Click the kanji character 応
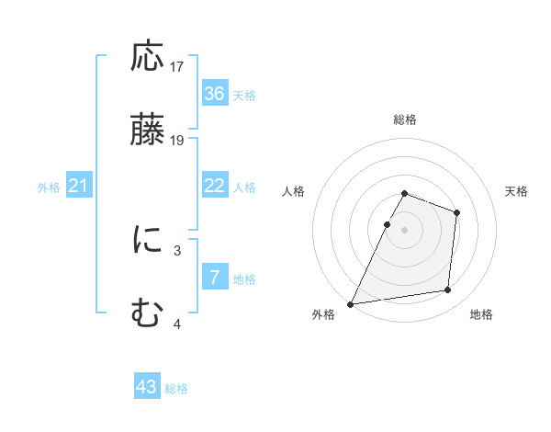148,58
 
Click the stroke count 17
177,67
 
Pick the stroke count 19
177,141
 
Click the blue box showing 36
215,94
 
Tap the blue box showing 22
215,186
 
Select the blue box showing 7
215,278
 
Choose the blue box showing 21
79,187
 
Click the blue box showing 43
147,387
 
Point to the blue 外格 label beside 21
49,188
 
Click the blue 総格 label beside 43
176,389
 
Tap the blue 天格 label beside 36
244,96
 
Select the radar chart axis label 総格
405,120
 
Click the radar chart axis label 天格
517,191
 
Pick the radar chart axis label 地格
481,315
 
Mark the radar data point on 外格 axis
351,303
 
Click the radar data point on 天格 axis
456,212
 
